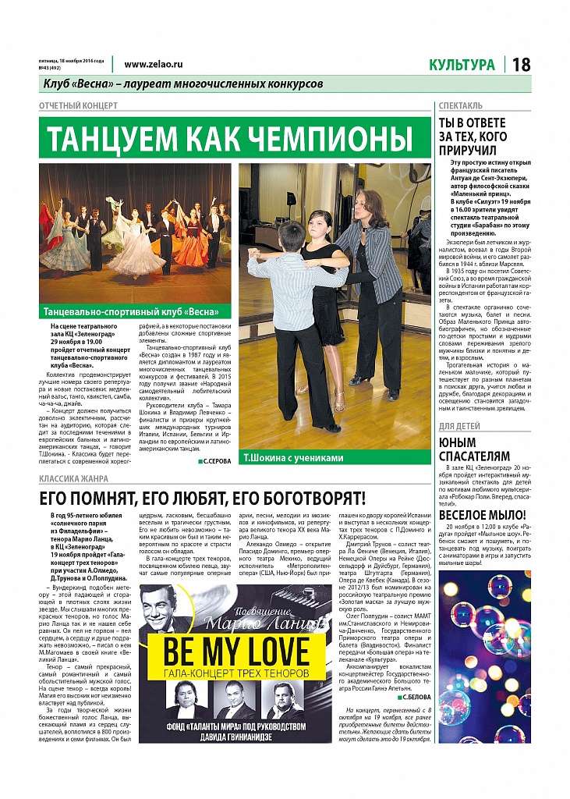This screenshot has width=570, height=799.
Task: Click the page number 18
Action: pos(522,65)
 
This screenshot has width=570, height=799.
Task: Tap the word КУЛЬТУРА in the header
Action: pos(461,65)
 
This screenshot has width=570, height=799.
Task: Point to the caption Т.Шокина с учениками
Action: pos(292,458)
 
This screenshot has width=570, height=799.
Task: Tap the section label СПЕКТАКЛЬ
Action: pos(460,105)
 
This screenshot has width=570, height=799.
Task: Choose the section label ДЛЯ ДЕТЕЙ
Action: pos(459,426)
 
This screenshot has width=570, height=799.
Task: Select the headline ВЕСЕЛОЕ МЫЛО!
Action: pos(483,514)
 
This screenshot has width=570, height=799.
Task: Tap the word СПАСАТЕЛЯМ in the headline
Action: pos(474,456)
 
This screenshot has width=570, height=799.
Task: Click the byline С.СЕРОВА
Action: pos(214,462)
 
